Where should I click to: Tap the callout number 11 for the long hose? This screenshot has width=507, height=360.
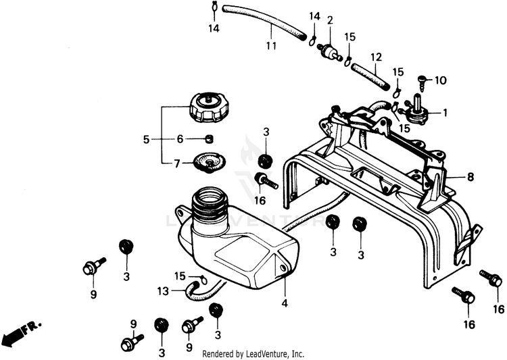272,45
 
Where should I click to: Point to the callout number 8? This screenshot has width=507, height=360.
470,177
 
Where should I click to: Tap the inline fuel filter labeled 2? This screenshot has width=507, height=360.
329,52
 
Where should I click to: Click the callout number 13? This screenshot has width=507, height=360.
164,291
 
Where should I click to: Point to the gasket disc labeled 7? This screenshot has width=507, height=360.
209,162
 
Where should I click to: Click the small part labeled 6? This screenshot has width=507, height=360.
210,139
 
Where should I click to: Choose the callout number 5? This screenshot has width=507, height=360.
147,140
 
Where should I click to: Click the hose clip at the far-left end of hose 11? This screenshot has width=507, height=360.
214,6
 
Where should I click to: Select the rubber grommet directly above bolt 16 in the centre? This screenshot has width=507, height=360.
266,161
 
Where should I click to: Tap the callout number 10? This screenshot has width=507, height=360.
441,80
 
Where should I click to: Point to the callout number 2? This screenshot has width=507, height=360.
330,20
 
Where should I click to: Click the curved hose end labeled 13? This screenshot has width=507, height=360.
191,291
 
